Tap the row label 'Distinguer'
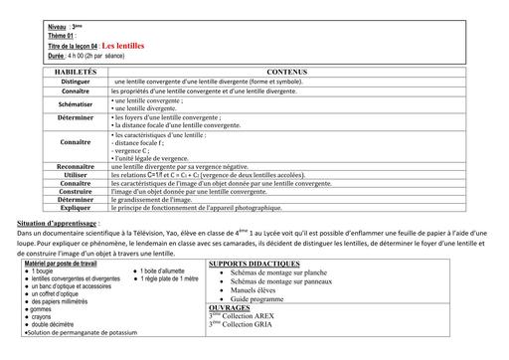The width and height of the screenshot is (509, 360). tap(76, 82)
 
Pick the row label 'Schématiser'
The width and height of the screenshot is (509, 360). tap(76, 103)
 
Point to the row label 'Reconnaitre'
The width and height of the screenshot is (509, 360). tap(76, 166)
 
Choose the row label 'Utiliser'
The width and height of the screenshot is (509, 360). tap(76, 175)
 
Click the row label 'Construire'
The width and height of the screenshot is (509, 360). tap(76, 191)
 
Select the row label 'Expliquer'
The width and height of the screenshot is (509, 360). tap(76, 207)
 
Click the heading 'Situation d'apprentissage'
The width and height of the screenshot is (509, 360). tap(59, 224)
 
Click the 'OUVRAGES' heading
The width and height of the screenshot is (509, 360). tap(231, 308)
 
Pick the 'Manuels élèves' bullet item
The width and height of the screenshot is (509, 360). tap(255, 289)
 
